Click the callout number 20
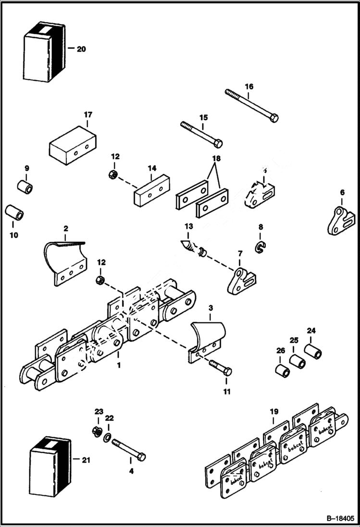81,49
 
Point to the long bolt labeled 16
250,105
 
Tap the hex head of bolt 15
218,143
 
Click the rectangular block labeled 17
73,143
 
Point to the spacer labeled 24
313,351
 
